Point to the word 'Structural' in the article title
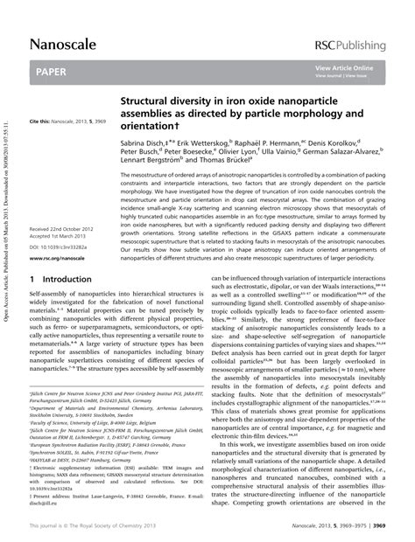[151, 101]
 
